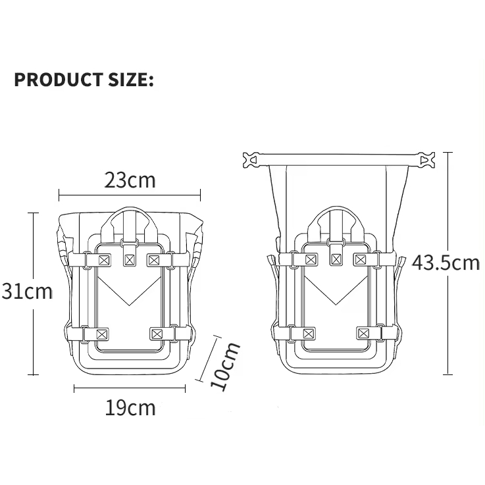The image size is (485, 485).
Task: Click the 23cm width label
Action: (x=130, y=180)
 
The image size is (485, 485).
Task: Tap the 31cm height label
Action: (x=27, y=291)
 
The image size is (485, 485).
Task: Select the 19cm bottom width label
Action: (x=130, y=407)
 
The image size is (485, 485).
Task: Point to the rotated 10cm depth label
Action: (x=225, y=367)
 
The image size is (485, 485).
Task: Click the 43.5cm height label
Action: (x=446, y=263)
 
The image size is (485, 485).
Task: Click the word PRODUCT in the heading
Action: (x=59, y=79)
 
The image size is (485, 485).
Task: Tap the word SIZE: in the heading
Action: (x=131, y=79)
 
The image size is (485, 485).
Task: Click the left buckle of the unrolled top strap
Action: (x=251, y=160)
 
